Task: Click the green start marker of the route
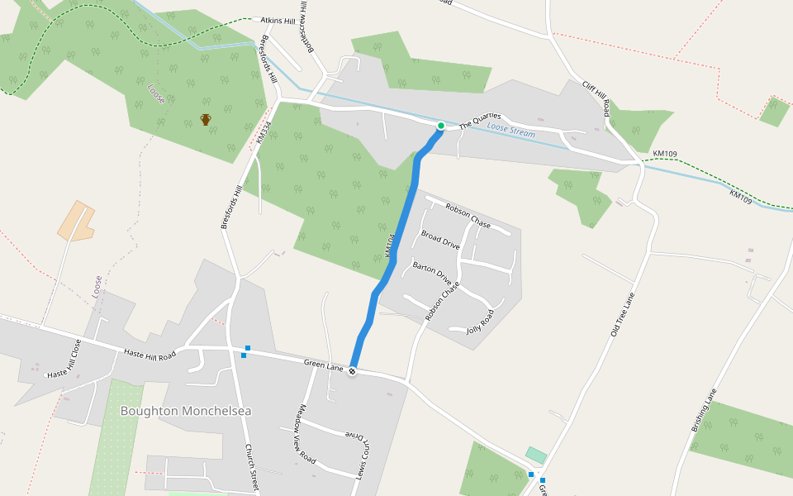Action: point(441,126)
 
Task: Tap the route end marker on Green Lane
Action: point(353,371)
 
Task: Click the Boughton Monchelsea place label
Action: point(185,411)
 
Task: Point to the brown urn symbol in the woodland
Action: point(206,120)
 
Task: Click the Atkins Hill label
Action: point(278,19)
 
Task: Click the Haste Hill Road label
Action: point(150,354)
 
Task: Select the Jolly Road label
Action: point(480,321)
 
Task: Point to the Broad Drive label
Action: point(440,240)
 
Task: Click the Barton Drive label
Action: point(432,272)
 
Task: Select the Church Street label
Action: point(252,468)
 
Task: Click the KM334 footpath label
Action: point(263,133)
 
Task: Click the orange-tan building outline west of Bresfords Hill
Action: point(75,220)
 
